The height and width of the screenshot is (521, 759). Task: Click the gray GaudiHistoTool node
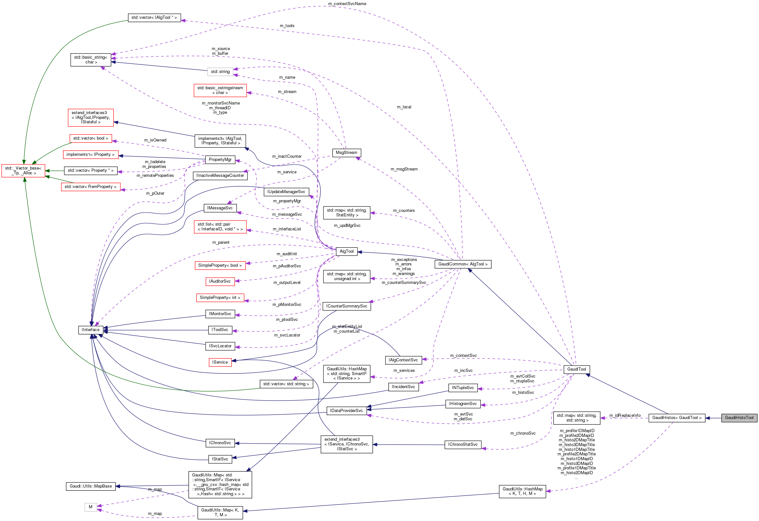click(x=739, y=418)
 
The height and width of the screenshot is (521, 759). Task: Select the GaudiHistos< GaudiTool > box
click(x=676, y=418)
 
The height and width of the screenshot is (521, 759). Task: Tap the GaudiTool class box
click(x=577, y=369)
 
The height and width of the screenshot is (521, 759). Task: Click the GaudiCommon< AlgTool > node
click(x=463, y=264)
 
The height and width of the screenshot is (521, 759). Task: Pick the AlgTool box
click(x=346, y=251)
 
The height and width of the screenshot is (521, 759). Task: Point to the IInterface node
click(x=90, y=330)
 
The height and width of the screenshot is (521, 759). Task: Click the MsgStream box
click(x=346, y=153)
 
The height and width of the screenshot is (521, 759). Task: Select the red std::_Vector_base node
click(x=23, y=170)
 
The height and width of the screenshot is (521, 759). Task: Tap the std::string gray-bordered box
click(x=220, y=72)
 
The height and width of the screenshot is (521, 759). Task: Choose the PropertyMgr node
click(x=220, y=160)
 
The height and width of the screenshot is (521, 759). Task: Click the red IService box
click(x=220, y=362)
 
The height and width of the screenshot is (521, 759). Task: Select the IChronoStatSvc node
click(x=463, y=445)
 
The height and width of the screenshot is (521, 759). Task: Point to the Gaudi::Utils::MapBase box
click(x=90, y=486)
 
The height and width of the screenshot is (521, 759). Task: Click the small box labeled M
click(x=90, y=507)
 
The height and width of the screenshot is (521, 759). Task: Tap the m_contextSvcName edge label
click(x=347, y=4)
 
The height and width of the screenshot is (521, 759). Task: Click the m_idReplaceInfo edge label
click(x=624, y=416)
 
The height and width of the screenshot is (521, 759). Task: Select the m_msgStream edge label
click(x=404, y=169)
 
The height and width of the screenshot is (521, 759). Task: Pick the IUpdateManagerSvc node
click(x=286, y=192)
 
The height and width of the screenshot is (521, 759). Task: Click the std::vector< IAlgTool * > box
click(x=154, y=18)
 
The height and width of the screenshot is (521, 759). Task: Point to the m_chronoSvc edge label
click(x=522, y=433)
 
